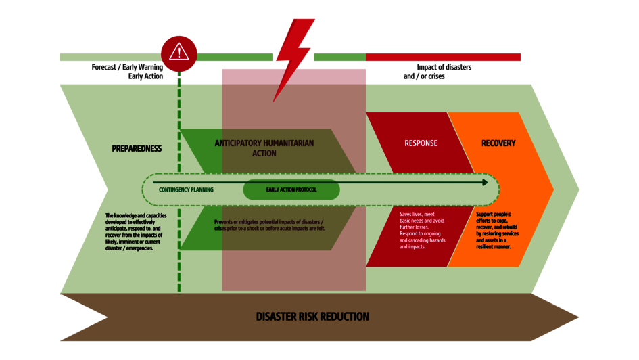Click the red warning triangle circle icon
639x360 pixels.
(179, 53)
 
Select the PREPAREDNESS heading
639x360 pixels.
(137, 148)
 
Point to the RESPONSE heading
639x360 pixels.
(421, 143)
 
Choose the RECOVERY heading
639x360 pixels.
(498, 143)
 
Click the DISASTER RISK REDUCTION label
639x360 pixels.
(312, 317)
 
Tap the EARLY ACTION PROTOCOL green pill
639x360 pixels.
(291, 190)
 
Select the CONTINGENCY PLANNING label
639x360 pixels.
(186, 190)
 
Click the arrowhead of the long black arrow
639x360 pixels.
(484, 182)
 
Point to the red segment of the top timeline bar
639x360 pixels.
(444, 57)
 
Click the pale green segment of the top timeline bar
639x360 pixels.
(108, 57)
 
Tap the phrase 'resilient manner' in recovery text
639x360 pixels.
(494, 247)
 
